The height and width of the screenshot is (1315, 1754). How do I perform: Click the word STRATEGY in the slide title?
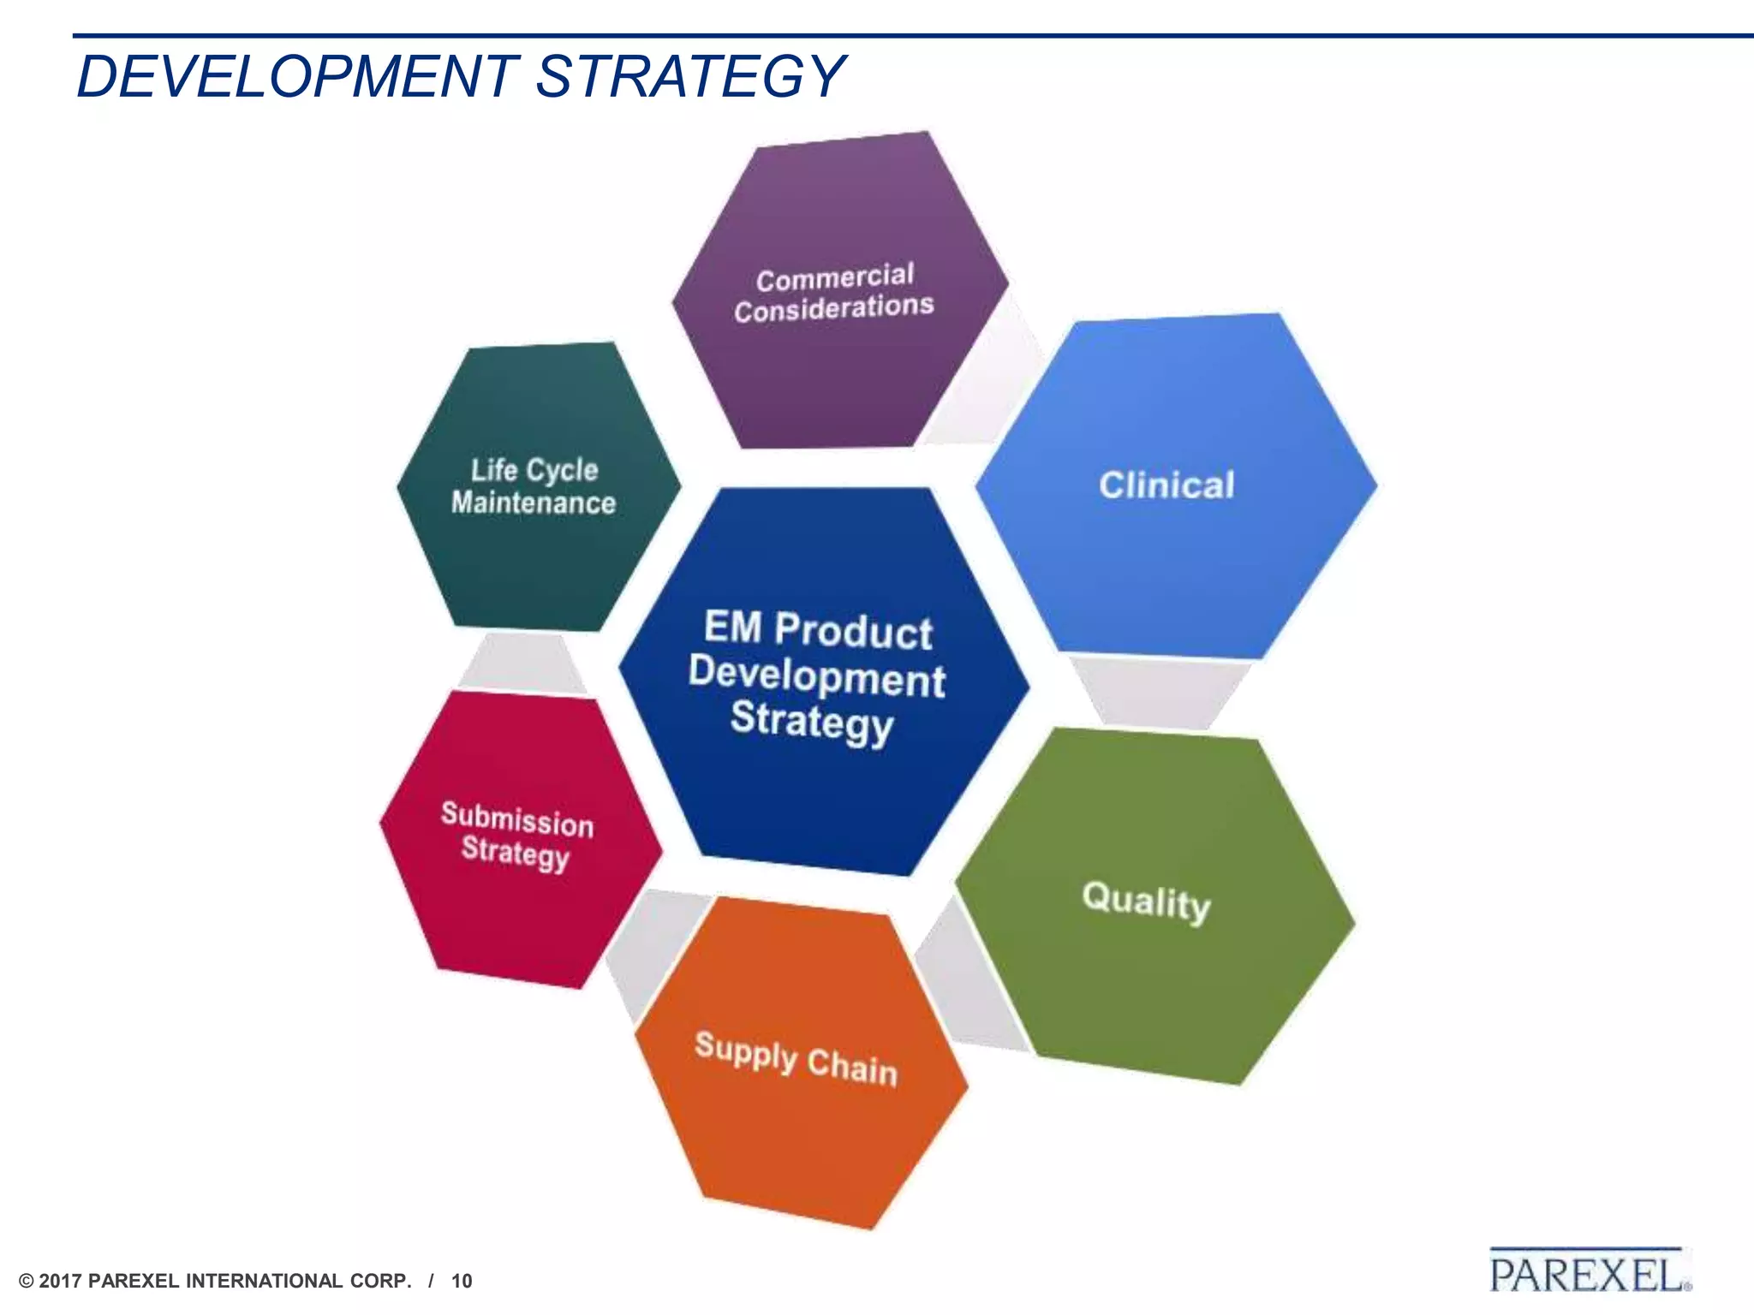(x=690, y=77)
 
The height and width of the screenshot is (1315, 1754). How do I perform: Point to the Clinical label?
(x=1166, y=485)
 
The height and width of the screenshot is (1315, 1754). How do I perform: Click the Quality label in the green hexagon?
(x=1146, y=901)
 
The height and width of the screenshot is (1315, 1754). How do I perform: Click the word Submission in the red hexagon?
(x=517, y=819)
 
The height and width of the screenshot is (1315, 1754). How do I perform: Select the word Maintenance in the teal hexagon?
(x=534, y=503)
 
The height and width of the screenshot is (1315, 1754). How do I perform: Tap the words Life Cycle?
(x=534, y=470)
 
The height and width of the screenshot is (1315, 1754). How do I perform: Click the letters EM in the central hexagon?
(x=733, y=627)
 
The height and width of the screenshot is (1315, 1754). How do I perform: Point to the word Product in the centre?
(x=853, y=631)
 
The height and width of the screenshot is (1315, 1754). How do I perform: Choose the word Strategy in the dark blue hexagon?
(x=812, y=721)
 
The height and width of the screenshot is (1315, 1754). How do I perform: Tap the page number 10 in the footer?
(x=462, y=1281)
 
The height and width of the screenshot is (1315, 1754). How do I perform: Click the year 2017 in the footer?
(x=61, y=1281)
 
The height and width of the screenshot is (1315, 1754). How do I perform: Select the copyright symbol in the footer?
(x=27, y=1281)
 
